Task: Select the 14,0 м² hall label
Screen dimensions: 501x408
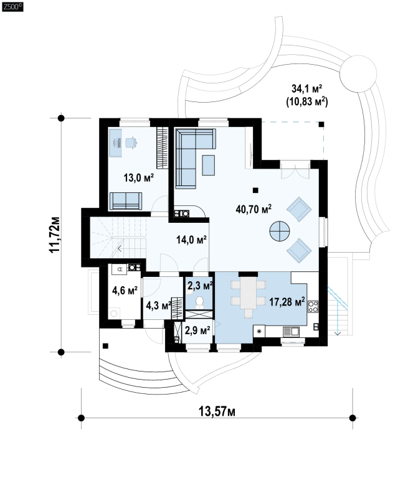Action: (x=191, y=238)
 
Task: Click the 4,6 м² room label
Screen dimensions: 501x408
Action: (x=125, y=289)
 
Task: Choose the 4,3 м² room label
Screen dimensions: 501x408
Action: (x=159, y=306)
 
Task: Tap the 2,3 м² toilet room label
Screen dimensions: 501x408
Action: (x=199, y=286)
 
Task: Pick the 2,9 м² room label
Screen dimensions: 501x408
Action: (x=197, y=329)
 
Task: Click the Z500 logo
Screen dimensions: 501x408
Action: (x=12, y=7)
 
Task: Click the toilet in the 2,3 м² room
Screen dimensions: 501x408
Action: (x=199, y=302)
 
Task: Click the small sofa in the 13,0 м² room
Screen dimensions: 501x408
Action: (x=125, y=200)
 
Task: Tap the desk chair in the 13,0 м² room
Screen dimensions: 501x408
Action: (x=130, y=143)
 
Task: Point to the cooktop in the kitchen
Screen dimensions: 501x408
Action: (x=313, y=306)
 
